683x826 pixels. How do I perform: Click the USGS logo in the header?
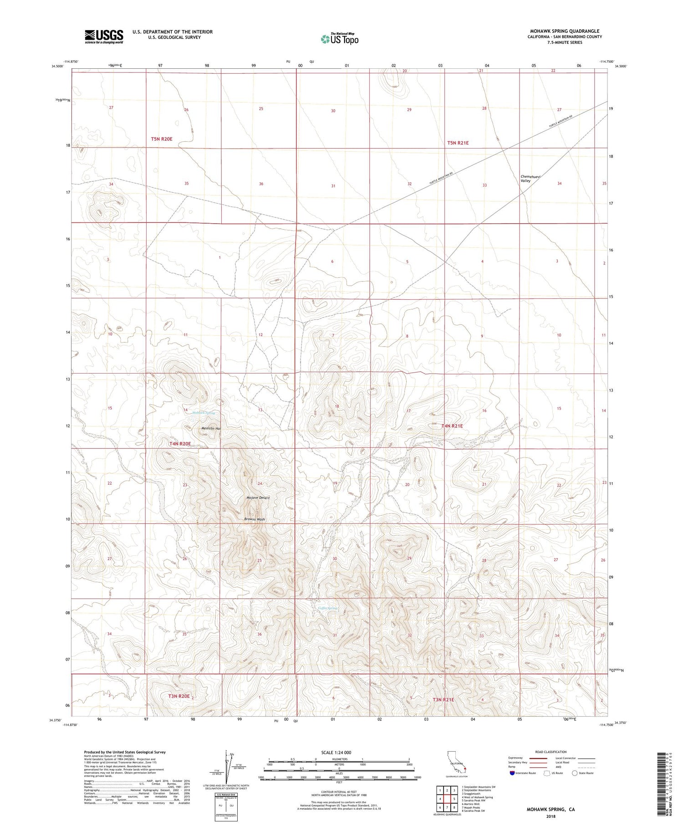pyautogui.click(x=104, y=36)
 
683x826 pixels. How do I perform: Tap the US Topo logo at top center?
pyautogui.click(x=340, y=39)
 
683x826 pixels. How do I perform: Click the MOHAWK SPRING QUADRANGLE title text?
pyautogui.click(x=565, y=31)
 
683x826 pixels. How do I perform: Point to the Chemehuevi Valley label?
pyautogui.click(x=526, y=179)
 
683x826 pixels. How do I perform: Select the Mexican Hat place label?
pyautogui.click(x=211, y=428)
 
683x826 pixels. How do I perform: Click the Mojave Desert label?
pyautogui.click(x=258, y=498)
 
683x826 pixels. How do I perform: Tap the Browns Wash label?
pyautogui.click(x=254, y=519)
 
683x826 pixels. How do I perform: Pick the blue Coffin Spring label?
pyautogui.click(x=327, y=608)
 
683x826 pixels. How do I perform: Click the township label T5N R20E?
pyautogui.click(x=162, y=139)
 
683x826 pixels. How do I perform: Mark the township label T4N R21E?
pyautogui.click(x=452, y=426)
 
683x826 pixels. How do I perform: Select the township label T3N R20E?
pyautogui.click(x=178, y=696)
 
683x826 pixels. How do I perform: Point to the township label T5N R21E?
pyautogui.click(x=458, y=143)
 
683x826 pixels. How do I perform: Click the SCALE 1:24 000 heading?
pyautogui.click(x=336, y=752)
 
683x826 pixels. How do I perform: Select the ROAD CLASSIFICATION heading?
pyautogui.click(x=550, y=752)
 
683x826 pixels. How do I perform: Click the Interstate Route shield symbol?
pyautogui.click(x=512, y=773)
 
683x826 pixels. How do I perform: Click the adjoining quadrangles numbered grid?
pyautogui.click(x=447, y=799)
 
